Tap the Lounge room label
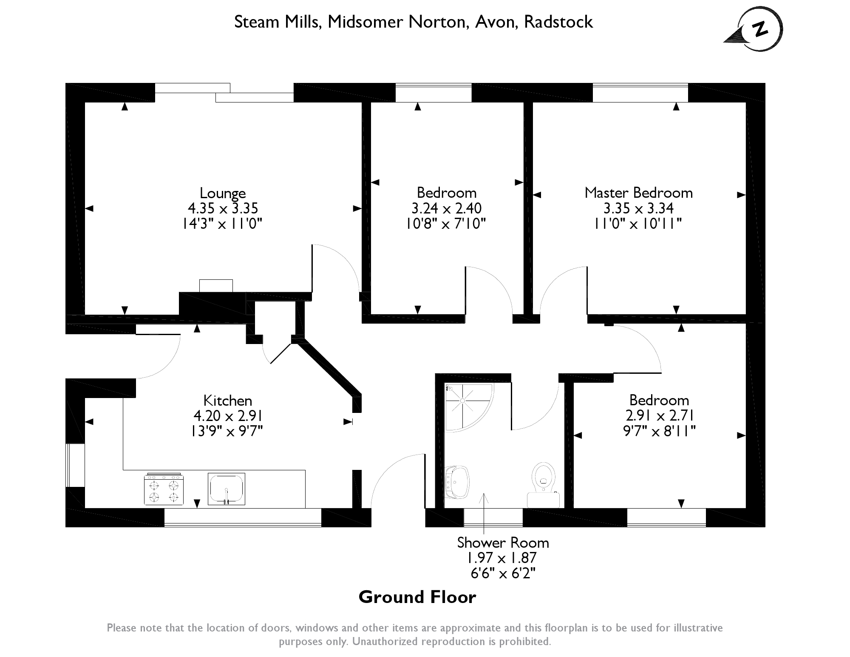coord(223,193)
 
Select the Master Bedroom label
coord(638,193)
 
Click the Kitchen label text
coord(227,401)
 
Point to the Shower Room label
coord(503,543)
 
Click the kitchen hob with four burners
coord(164,489)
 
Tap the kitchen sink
coord(227,489)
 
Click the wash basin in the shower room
coord(457,482)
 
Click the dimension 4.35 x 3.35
coord(223,208)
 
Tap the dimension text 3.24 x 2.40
coord(446,208)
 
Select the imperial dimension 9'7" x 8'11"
coord(659,431)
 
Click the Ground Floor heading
coord(417,597)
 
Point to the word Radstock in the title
coord(558,22)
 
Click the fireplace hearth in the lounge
coord(216,285)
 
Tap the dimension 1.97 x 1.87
coord(503,557)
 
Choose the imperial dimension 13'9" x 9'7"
coord(227,431)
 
